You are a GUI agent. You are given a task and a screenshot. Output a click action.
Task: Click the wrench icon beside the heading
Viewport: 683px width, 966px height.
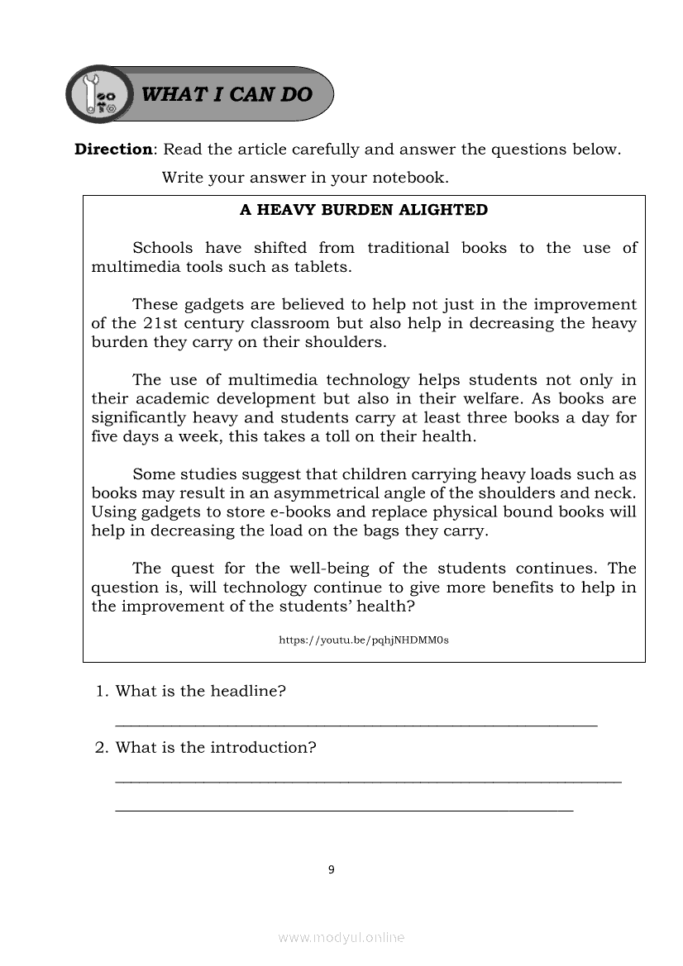tap(97, 93)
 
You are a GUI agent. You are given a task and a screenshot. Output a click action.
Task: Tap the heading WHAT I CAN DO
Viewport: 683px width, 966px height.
tap(227, 94)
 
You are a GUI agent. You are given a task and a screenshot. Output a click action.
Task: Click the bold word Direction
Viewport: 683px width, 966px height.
tap(113, 150)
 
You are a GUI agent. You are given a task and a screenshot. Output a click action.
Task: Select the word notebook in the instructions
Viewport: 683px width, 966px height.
tap(408, 178)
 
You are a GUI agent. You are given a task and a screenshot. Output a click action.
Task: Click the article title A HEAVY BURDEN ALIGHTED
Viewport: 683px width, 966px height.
tap(364, 210)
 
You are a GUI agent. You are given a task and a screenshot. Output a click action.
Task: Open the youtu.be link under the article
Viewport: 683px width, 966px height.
tap(364, 640)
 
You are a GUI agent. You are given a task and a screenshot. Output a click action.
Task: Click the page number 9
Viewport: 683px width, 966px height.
tap(332, 869)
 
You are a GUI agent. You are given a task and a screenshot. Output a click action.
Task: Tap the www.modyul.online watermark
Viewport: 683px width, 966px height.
tap(341, 937)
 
